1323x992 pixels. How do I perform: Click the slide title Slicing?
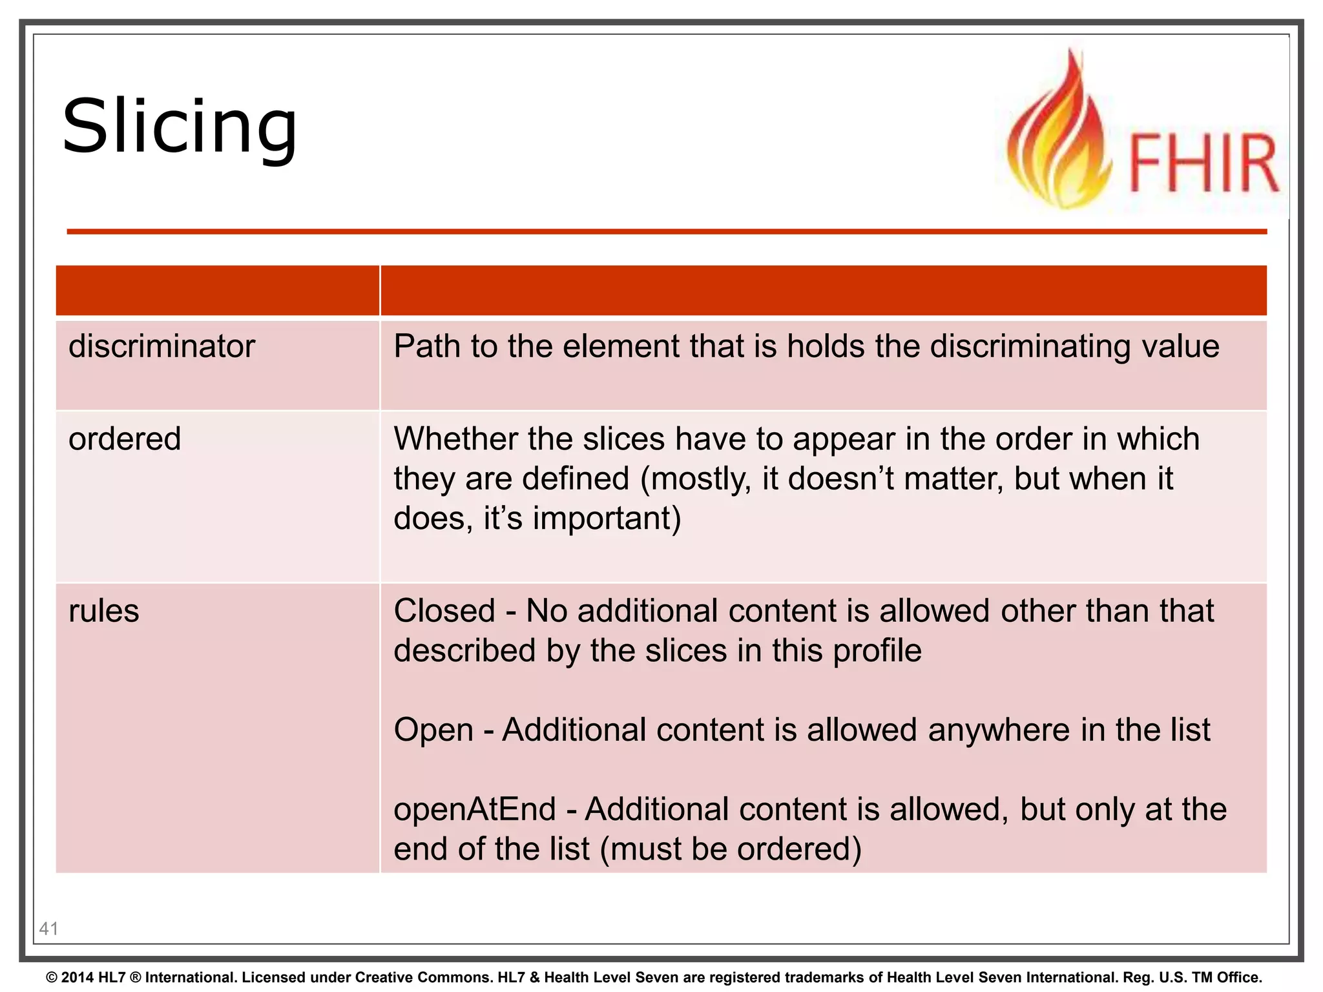click(x=180, y=127)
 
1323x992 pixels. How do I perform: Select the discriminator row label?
click(x=161, y=347)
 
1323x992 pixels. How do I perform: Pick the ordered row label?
click(x=125, y=439)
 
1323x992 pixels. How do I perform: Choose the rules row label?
click(x=103, y=611)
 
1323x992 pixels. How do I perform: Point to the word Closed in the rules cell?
click(x=444, y=611)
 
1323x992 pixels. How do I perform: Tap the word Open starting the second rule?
click(x=433, y=730)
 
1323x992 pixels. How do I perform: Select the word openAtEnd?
click(x=475, y=809)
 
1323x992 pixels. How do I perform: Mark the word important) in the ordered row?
click(x=607, y=519)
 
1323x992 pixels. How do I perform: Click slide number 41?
click(x=48, y=929)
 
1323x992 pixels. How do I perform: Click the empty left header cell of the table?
click(x=217, y=291)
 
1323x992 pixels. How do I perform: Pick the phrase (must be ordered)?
click(x=731, y=849)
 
